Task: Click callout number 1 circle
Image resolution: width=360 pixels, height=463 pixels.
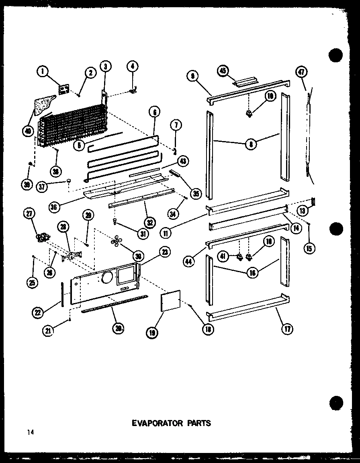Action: click(x=42, y=72)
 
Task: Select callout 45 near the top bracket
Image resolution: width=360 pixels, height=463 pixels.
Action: click(x=223, y=71)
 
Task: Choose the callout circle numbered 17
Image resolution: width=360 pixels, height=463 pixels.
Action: click(x=287, y=329)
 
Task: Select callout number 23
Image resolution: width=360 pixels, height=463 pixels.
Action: click(x=164, y=252)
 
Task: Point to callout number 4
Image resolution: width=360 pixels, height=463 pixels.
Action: click(x=133, y=67)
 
